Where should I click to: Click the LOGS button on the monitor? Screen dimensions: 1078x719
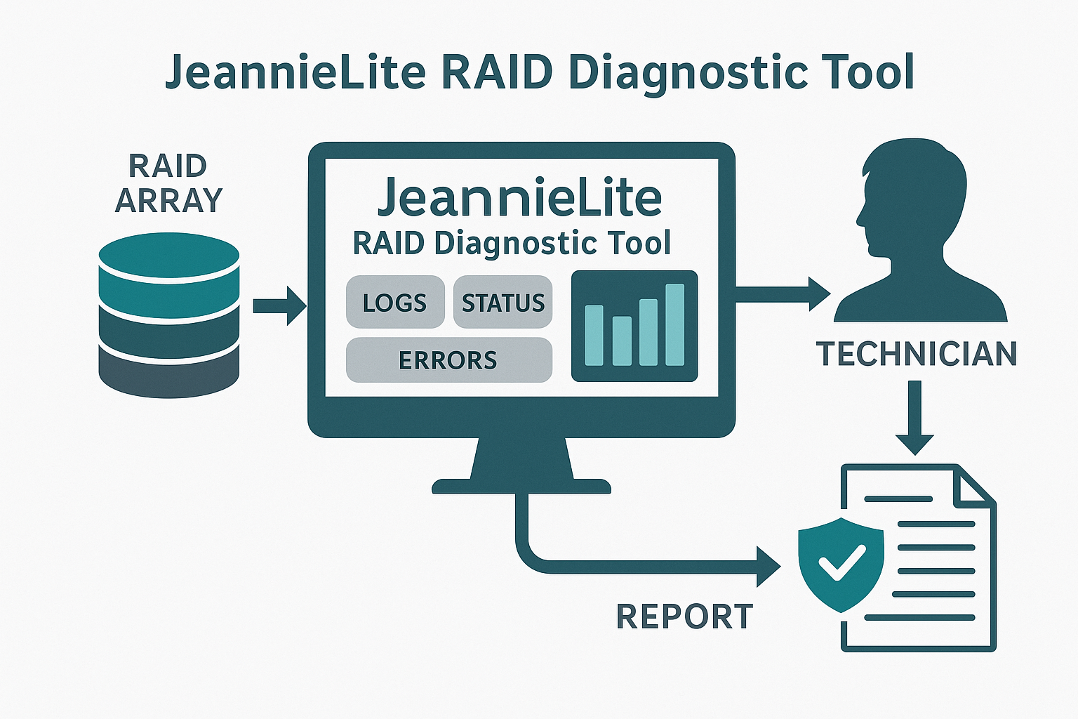[x=395, y=302]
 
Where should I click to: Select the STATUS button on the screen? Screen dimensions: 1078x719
[x=503, y=302]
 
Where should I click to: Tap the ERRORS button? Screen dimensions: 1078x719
[x=449, y=359]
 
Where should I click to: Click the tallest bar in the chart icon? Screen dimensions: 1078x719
[x=674, y=324]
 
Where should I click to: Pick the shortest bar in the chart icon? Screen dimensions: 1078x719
[x=622, y=341]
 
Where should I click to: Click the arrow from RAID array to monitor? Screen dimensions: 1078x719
[x=279, y=306]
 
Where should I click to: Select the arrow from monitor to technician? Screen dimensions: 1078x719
[x=783, y=293]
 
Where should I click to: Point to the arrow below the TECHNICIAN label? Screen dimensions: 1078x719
[x=915, y=418]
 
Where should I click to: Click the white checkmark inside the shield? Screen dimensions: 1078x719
[x=842, y=562]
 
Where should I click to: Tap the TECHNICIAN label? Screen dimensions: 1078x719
[x=917, y=353]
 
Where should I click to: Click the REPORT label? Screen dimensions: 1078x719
[x=684, y=616]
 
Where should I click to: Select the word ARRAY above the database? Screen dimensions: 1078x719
[x=168, y=200]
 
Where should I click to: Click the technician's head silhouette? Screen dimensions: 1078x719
[x=912, y=197]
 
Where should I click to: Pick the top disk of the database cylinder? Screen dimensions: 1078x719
[x=169, y=256]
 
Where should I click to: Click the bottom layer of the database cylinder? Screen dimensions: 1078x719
[x=169, y=374]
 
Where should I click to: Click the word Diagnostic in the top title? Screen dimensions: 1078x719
[x=688, y=74]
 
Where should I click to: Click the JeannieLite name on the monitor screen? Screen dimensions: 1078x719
[x=520, y=198]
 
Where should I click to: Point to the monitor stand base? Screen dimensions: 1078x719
[x=521, y=487]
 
